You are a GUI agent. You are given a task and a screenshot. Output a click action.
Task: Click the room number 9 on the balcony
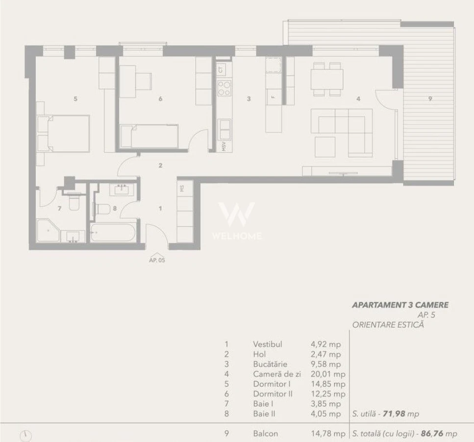click(430, 98)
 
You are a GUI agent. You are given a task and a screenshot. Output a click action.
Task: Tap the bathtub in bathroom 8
click(113, 233)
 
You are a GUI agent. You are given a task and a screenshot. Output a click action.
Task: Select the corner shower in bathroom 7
click(48, 231)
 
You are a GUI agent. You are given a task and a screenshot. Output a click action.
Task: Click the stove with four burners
click(225, 88)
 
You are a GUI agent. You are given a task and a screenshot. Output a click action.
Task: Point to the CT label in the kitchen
click(221, 70)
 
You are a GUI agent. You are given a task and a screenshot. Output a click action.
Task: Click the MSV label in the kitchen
click(224, 146)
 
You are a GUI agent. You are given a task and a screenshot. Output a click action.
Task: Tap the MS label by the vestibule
click(182, 189)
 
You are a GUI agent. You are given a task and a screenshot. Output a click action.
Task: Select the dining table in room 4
click(327, 78)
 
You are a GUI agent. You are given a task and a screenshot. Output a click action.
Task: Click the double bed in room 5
click(63, 133)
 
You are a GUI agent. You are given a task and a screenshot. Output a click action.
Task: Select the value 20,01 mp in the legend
click(328, 374)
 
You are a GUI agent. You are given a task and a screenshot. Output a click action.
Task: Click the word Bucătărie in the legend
click(270, 364)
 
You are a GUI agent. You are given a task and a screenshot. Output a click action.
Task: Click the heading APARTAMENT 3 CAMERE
click(400, 305)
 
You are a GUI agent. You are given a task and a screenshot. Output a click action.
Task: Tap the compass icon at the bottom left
click(25, 436)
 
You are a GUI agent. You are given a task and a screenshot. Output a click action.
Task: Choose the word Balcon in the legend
click(265, 434)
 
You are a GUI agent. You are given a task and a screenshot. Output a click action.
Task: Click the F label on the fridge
click(273, 97)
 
